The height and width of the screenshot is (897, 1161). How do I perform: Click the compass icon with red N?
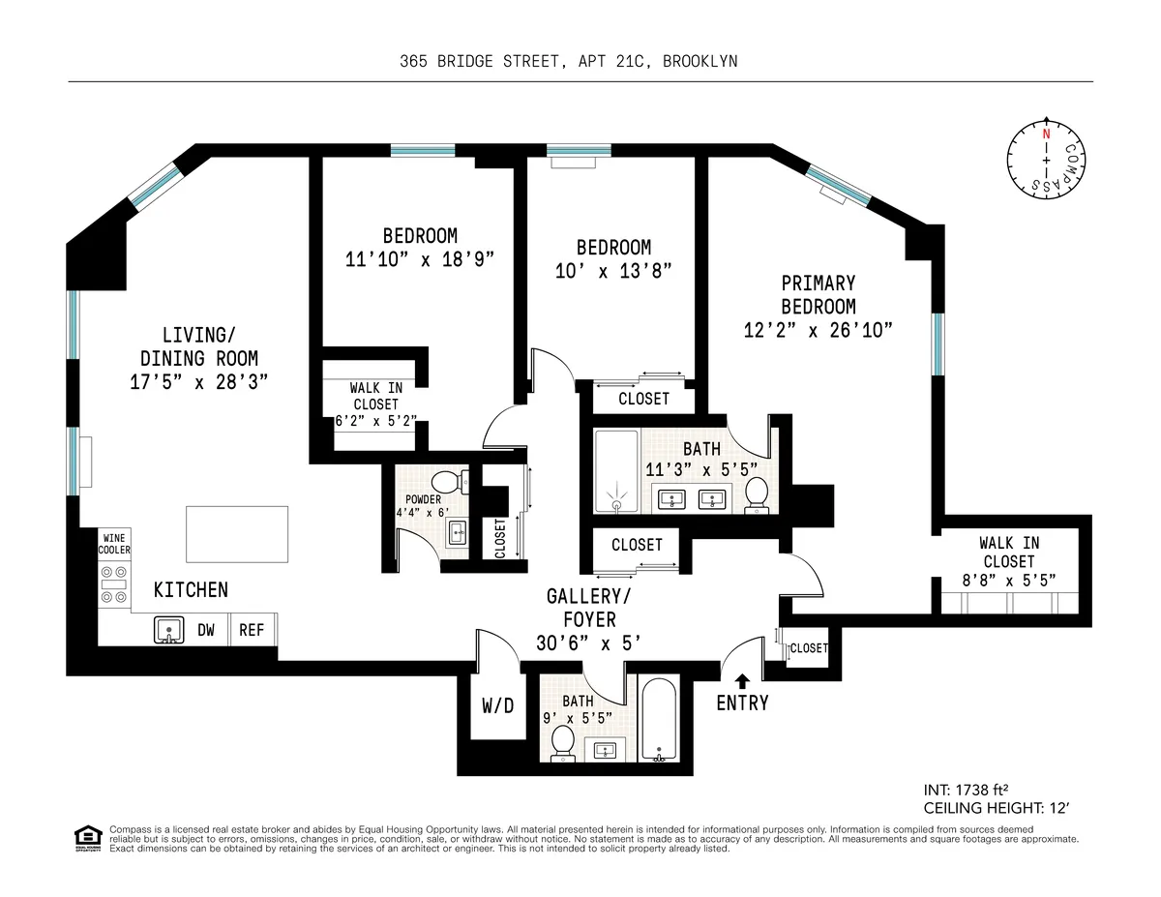click(x=1045, y=159)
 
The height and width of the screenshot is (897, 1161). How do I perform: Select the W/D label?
click(x=497, y=706)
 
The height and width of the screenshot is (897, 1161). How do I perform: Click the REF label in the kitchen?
click(x=252, y=630)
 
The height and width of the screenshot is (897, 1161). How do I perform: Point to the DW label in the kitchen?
click(x=206, y=630)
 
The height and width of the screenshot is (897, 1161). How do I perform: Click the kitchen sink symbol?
click(x=169, y=630)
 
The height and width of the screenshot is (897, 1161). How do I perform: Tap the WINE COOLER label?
click(x=113, y=544)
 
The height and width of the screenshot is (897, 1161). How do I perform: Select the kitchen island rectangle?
click(x=237, y=533)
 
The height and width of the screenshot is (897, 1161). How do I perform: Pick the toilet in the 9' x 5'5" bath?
click(x=562, y=743)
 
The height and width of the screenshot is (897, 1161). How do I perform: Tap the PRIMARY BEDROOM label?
click(x=819, y=294)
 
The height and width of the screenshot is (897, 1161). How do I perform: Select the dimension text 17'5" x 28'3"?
click(x=198, y=381)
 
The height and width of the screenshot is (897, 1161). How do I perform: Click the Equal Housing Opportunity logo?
click(x=88, y=838)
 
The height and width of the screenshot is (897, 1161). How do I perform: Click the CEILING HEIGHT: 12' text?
click(x=997, y=808)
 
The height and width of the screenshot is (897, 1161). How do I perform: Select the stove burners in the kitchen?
click(x=114, y=584)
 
